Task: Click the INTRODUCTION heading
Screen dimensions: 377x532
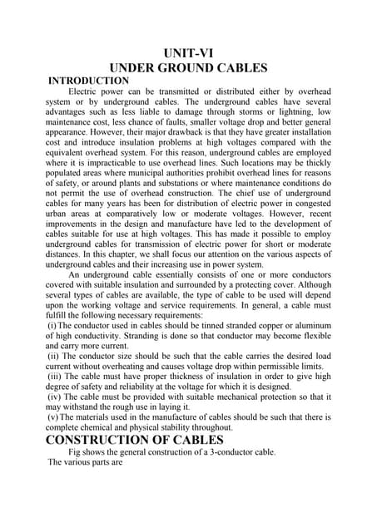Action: pyautogui.click(x=90, y=81)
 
